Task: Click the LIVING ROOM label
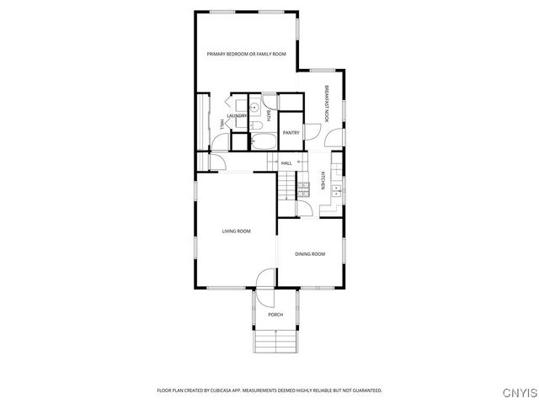(x=236, y=231)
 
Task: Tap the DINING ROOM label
(x=309, y=253)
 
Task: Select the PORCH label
(x=275, y=315)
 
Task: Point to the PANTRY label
(x=291, y=133)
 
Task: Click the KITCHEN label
(x=323, y=181)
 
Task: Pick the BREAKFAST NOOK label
(x=326, y=104)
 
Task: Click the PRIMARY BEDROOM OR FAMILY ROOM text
(x=247, y=54)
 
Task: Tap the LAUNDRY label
(x=237, y=116)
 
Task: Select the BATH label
(x=269, y=115)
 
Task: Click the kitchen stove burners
(x=302, y=189)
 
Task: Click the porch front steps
(x=275, y=341)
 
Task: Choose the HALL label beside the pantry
(x=286, y=163)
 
